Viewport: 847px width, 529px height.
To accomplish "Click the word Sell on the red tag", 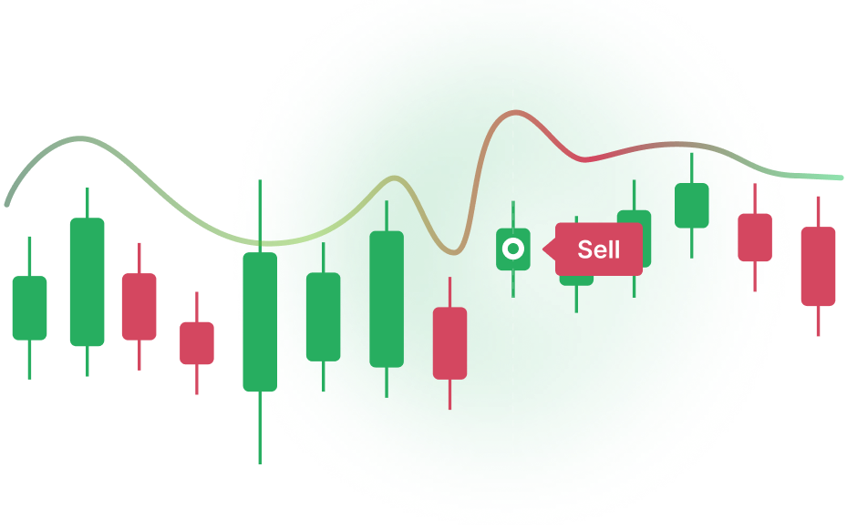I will tap(598, 249).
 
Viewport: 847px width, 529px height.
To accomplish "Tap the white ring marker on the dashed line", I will tap(513, 249).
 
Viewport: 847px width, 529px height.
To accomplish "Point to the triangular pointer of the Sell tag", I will tap(549, 249).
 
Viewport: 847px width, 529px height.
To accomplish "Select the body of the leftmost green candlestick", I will tap(29, 308).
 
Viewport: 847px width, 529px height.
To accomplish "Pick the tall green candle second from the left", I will tap(88, 282).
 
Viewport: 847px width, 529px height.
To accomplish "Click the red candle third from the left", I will tap(139, 307).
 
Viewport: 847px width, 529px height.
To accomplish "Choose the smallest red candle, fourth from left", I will tap(197, 343).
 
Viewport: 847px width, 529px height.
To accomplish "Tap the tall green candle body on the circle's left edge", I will tap(260, 320).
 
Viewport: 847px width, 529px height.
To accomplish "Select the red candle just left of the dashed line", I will tap(449, 343).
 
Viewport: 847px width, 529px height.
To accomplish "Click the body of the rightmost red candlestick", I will tap(818, 266).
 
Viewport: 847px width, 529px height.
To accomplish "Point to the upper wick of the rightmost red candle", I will tap(818, 211).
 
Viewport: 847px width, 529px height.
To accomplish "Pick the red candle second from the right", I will tap(755, 237).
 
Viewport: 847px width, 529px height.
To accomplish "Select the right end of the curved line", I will tap(840, 178).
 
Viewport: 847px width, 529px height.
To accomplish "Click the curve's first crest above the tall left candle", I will tap(80, 138).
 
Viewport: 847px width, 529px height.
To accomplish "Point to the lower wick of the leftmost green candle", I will tap(29, 360).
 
